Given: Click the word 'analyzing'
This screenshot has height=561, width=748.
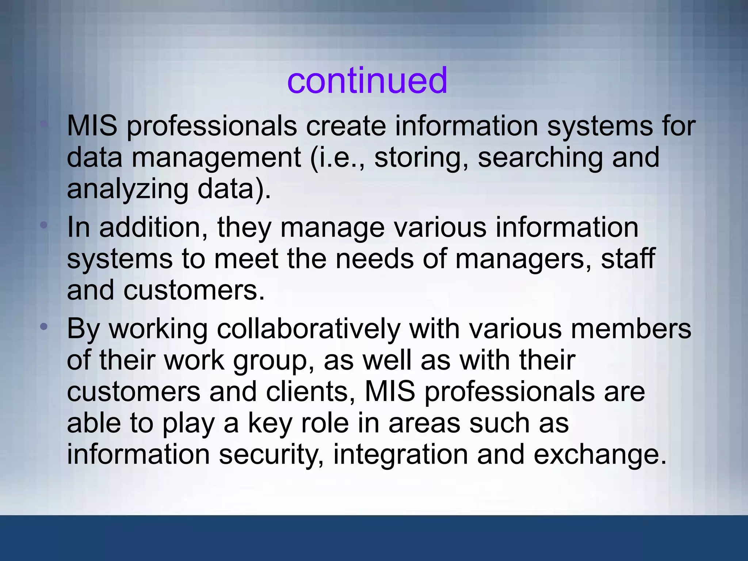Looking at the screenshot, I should click(127, 189).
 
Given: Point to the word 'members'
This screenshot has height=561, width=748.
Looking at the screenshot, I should click(631, 328).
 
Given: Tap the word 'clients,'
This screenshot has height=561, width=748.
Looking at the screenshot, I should click(310, 392).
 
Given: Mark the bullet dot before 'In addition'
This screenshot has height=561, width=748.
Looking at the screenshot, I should click(44, 225).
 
